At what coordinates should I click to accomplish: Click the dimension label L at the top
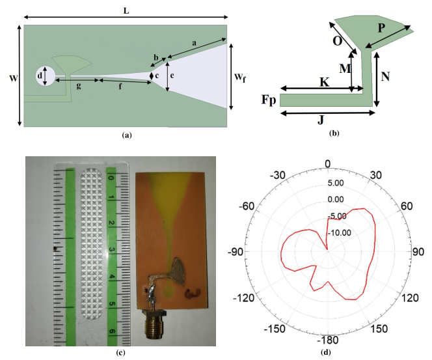pos(126,11)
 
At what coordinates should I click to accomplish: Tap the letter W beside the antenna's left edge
pos(13,79)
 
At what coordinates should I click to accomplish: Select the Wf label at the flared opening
pos(239,77)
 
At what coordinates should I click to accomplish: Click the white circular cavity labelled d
pos(46,76)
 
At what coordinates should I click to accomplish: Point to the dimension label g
pos(79,87)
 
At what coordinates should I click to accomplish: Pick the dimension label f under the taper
pos(120,87)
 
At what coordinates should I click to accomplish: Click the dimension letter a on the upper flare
pos(195,43)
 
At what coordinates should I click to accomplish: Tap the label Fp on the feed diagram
pos(269,100)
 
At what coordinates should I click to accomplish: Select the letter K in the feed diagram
pos(324,82)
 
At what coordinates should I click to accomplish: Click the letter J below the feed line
pos(320,120)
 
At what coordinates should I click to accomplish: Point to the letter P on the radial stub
pos(381,28)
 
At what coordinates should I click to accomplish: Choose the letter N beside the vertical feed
pos(385,76)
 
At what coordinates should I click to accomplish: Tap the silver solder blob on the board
pos(150,292)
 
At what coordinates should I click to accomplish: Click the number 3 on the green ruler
pos(112,250)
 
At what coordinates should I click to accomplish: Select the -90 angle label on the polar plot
pos(236,252)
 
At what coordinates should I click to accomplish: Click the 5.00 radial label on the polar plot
pos(336,183)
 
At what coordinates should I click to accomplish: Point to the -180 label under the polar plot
pos(327,340)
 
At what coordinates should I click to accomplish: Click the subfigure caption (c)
pos(121,353)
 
